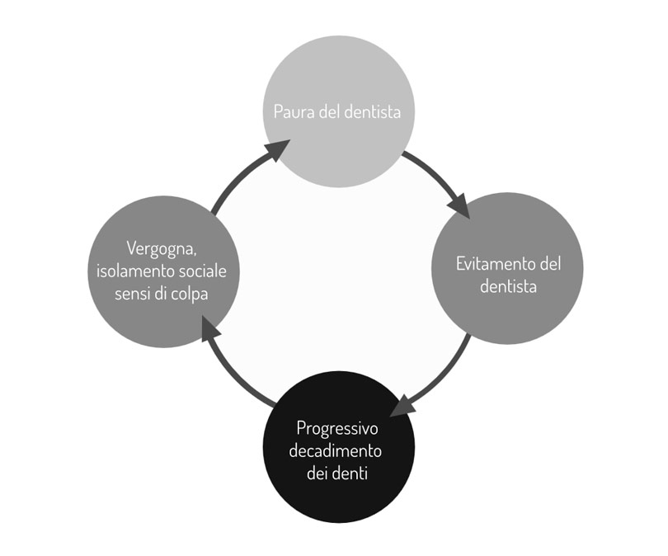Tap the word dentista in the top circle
[371, 111]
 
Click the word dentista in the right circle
[508, 287]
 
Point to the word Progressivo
[337, 429]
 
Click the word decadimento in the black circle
[338, 452]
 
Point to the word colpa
[189, 293]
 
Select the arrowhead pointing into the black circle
[402, 407]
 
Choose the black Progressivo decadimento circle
[337, 503]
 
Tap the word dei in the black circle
[318, 474]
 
